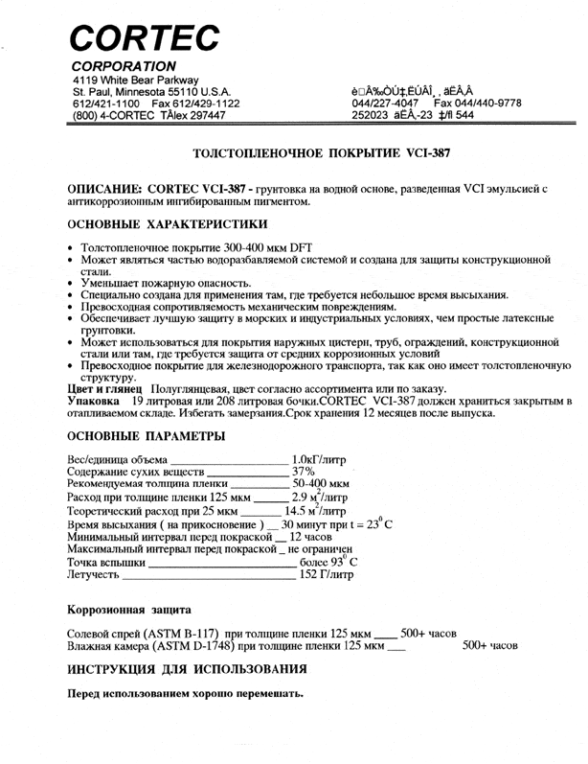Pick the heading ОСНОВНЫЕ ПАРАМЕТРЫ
coord(147,436)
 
